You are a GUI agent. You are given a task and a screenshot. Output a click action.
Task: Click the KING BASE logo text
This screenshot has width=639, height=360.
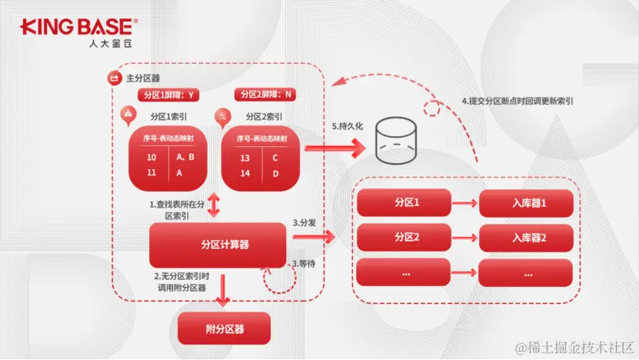78,28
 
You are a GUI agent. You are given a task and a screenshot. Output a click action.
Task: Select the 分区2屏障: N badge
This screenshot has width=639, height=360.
266,95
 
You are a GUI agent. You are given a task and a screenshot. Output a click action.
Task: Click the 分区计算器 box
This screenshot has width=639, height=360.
218,244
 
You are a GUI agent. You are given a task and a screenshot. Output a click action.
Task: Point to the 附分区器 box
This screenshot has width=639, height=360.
225,328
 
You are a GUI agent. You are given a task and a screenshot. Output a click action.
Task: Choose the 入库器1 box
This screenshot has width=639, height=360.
527,203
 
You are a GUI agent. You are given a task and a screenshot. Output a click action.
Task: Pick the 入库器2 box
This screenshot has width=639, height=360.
527,238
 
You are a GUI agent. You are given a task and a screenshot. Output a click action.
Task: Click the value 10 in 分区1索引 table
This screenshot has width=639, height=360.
151,158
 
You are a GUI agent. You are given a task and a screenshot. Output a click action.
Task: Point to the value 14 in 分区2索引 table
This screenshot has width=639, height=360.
245,174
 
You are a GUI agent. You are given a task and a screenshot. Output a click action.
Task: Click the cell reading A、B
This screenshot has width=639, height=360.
185,158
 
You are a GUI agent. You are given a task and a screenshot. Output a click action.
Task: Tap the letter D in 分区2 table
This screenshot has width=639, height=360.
275,174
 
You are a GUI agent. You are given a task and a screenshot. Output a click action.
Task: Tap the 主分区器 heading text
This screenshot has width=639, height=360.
142,78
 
